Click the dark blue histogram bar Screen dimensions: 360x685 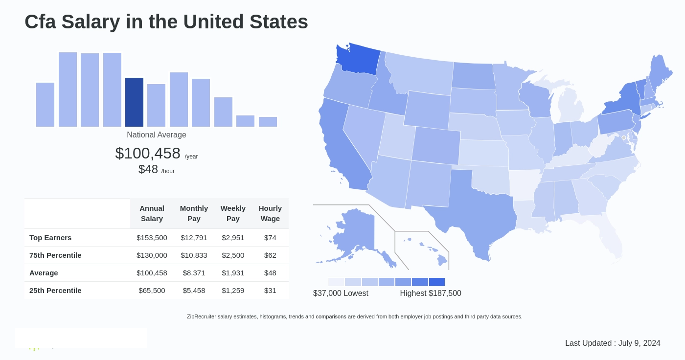[134, 102]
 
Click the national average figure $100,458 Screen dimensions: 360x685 [148, 153]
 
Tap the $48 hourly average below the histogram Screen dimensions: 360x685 [148, 169]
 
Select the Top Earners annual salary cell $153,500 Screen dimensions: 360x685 [152, 238]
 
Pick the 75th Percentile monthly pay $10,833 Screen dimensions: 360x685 [194, 255]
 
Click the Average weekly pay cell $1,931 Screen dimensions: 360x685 [233, 273]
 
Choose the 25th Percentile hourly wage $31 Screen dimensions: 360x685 [270, 291]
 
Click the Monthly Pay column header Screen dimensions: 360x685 [194, 213]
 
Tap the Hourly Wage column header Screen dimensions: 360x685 [270, 213]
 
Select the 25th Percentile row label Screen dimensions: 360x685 [55, 291]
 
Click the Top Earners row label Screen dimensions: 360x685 [50, 238]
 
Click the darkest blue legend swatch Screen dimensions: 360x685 [437, 282]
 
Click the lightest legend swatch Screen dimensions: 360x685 [336, 282]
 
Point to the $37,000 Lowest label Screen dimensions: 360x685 [341, 293]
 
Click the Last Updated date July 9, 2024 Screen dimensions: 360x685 [639, 343]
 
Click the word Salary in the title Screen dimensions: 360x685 [91, 22]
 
